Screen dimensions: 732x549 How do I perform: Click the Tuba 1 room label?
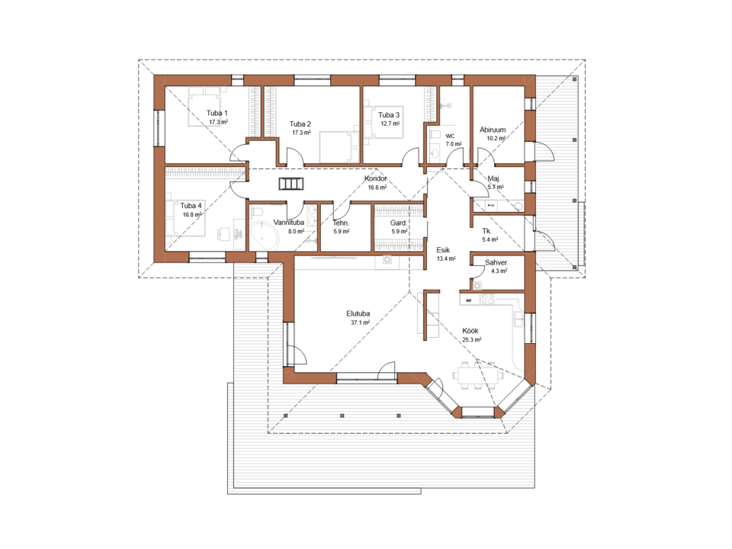pyautogui.click(x=217, y=113)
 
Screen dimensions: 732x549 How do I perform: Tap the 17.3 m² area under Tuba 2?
pyautogui.click(x=302, y=133)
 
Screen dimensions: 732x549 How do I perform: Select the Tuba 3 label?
pyautogui.click(x=389, y=115)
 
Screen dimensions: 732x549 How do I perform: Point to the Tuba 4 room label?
pyautogui.click(x=191, y=205)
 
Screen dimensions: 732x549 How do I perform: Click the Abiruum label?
pyautogui.click(x=493, y=130)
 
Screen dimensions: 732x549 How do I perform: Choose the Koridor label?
pyautogui.click(x=376, y=178)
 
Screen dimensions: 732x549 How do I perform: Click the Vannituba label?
pyautogui.click(x=288, y=222)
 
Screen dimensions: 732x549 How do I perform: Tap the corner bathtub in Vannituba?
pyautogui.click(x=263, y=236)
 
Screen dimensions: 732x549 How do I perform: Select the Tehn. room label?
pyautogui.click(x=341, y=223)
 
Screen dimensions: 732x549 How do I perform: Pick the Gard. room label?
pyautogui.click(x=399, y=223)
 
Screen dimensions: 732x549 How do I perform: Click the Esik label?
pyautogui.click(x=443, y=250)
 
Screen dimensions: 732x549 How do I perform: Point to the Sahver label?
pyautogui.click(x=496, y=262)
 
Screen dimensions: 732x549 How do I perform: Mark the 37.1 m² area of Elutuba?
pyautogui.click(x=361, y=323)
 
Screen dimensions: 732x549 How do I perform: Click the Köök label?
pyautogui.click(x=470, y=330)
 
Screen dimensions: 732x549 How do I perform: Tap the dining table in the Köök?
pyautogui.click(x=477, y=375)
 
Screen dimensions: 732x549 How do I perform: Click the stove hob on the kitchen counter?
pyautogui.click(x=488, y=299)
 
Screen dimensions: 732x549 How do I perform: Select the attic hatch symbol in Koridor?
pyautogui.click(x=291, y=184)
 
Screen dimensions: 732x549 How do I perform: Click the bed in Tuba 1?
pyautogui.click(x=204, y=107)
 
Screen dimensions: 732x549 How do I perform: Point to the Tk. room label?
pyautogui.click(x=487, y=231)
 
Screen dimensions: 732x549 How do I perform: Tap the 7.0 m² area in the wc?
pyautogui.click(x=453, y=144)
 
